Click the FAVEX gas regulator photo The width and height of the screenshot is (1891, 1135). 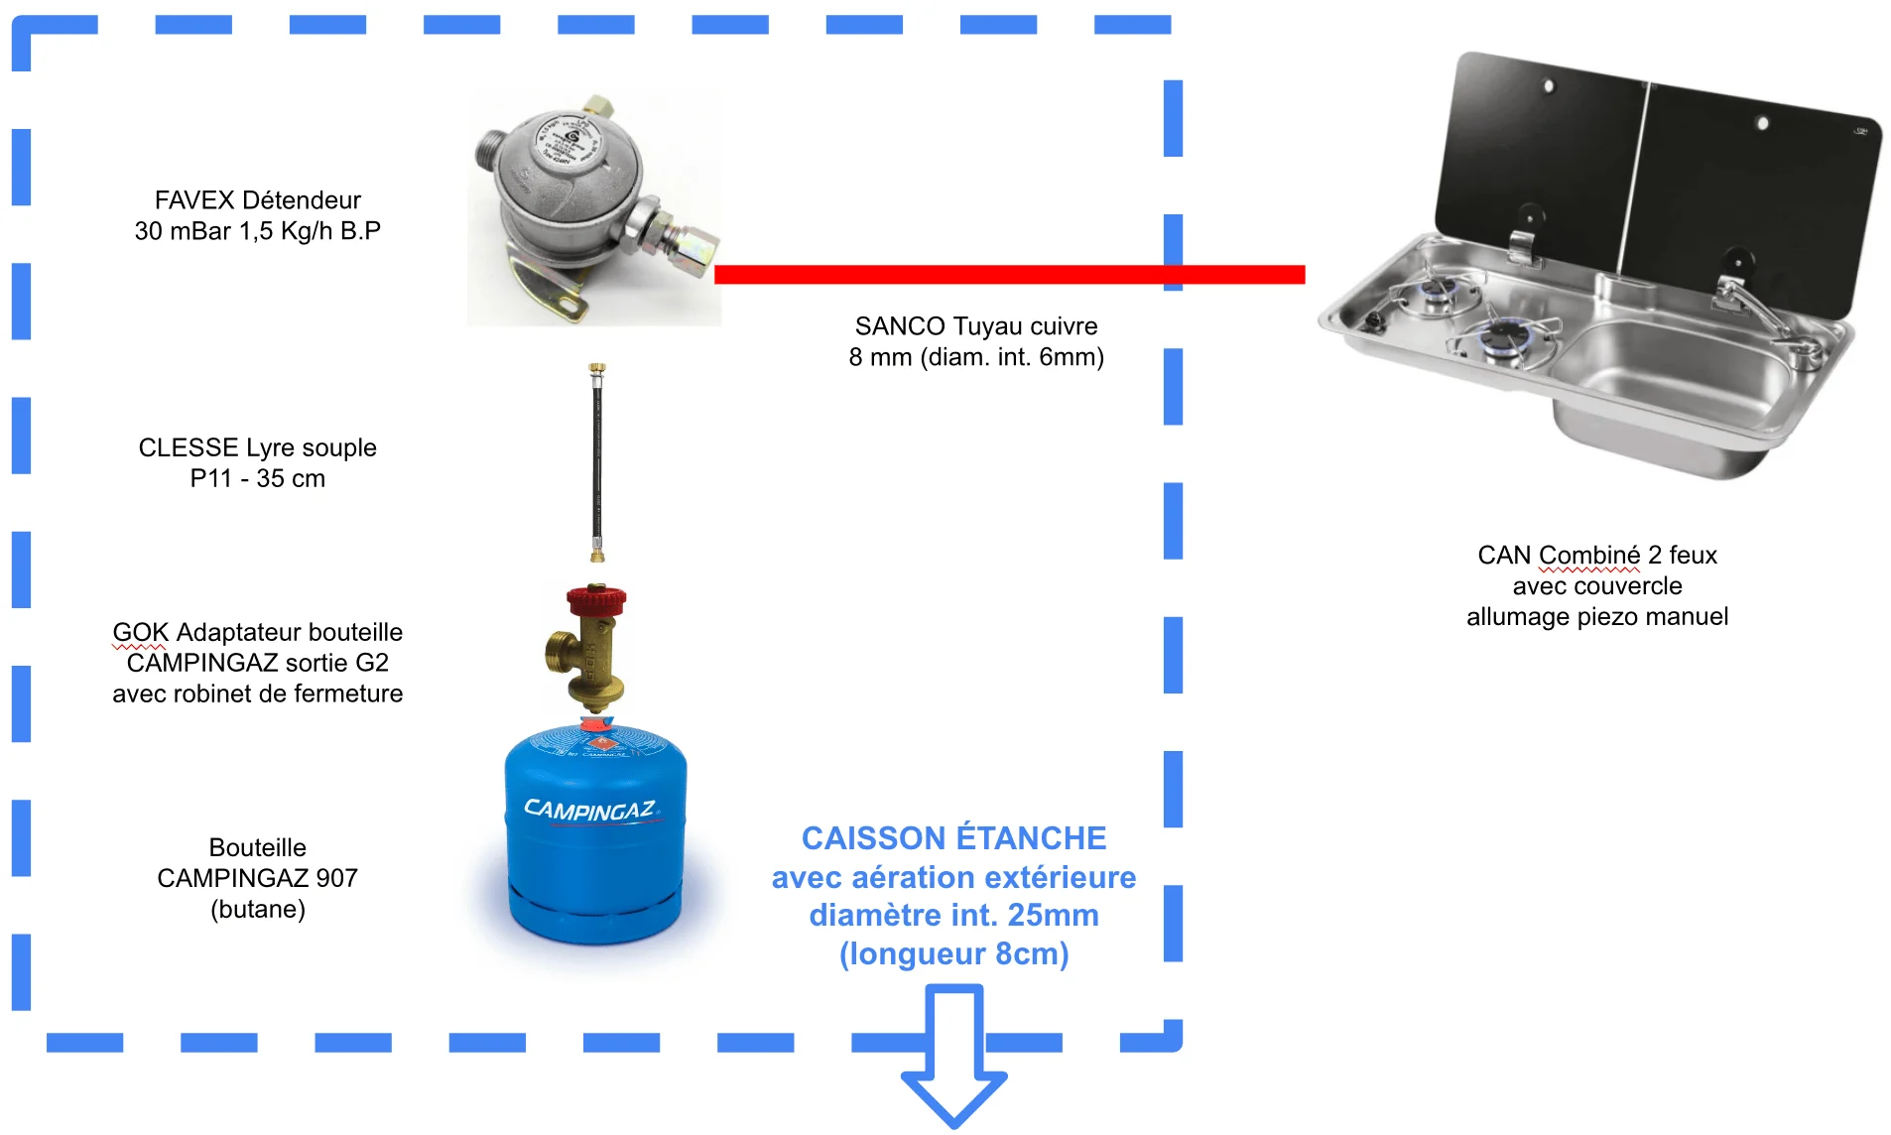pyautogui.click(x=593, y=207)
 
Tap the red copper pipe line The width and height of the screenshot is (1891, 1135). pyautogui.click(x=1009, y=275)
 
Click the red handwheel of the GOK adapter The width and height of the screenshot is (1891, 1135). pyautogui.click(x=596, y=600)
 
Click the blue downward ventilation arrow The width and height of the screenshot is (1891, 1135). pyautogui.click(x=953, y=1054)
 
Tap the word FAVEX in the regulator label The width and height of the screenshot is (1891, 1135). pyautogui.click(x=194, y=200)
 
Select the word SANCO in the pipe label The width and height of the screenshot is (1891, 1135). pyautogui.click(x=900, y=326)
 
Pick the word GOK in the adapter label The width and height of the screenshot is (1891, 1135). pyautogui.click(x=140, y=632)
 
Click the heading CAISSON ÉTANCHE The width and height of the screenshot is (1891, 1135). pyautogui.click(x=953, y=837)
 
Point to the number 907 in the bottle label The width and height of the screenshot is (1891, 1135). pyautogui.click(x=336, y=878)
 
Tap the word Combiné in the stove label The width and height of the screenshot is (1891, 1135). pyautogui.click(x=1590, y=555)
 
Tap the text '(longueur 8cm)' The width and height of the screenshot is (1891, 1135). pyautogui.click(x=953, y=953)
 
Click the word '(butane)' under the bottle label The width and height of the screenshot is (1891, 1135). pyautogui.click(x=258, y=909)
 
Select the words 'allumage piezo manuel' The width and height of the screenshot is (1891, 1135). pyautogui.click(x=1597, y=617)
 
